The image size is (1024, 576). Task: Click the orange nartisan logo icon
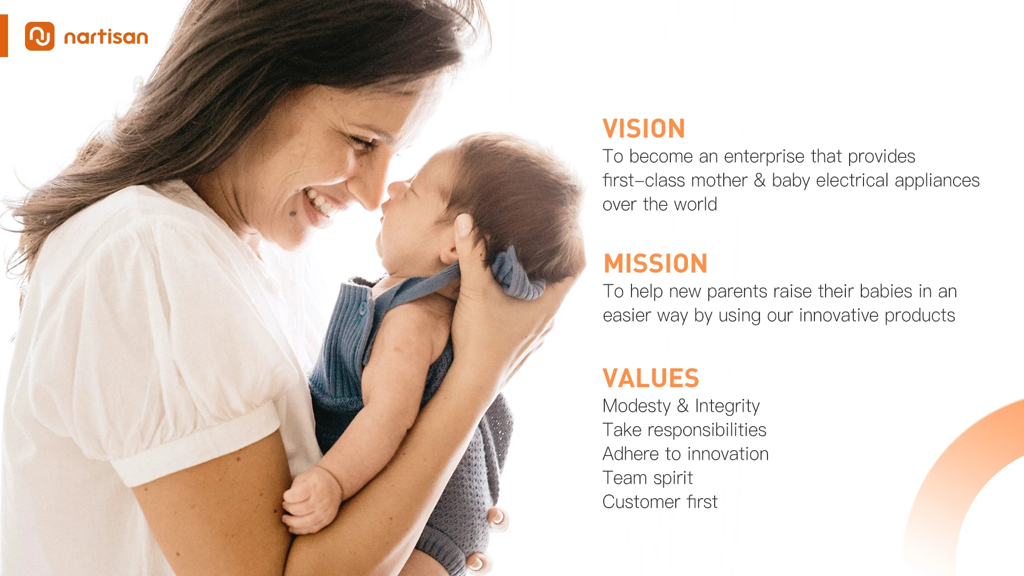[39, 36]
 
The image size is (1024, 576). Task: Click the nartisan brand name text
[106, 37]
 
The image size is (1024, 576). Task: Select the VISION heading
[644, 129]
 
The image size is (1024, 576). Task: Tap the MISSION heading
[655, 264]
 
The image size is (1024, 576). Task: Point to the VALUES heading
[651, 379]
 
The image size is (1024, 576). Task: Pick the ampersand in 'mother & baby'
[759, 180]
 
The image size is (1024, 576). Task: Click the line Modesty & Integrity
[681, 406]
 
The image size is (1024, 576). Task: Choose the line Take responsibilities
[684, 430]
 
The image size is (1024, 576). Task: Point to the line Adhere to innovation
[685, 454]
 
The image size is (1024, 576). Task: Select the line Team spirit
[647, 478]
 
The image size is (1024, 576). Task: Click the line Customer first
[660, 502]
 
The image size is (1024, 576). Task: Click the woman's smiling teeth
[318, 201]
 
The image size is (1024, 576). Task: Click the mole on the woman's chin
[293, 214]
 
